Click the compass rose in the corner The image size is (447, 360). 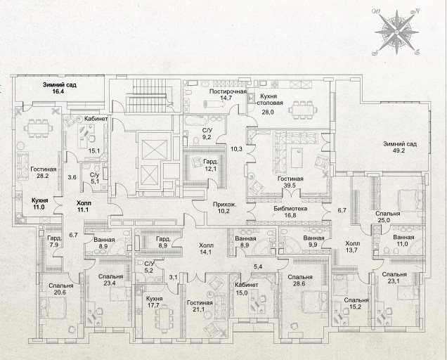coord(397,32)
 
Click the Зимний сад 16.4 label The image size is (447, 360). coord(60,88)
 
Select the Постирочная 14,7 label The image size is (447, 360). coord(228,94)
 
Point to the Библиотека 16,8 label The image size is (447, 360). coord(290,212)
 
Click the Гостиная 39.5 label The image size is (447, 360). coord(290,182)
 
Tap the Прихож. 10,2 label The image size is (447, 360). coord(225,207)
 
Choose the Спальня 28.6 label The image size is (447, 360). coord(300,280)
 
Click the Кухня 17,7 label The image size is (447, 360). coord(154,302)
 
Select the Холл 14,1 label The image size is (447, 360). coord(206,248)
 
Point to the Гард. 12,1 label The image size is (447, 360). coord(211,165)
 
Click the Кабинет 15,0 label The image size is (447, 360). coord(246,288)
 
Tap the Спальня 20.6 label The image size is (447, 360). coord(60,289)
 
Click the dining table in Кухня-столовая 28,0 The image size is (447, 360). coord(302,110)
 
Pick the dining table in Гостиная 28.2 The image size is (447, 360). coord(39,128)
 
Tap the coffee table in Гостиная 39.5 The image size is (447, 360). coord(297,157)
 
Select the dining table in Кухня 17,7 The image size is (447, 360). coord(164,319)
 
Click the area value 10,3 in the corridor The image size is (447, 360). coord(236,148)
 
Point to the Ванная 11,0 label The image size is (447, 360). coord(403,240)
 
